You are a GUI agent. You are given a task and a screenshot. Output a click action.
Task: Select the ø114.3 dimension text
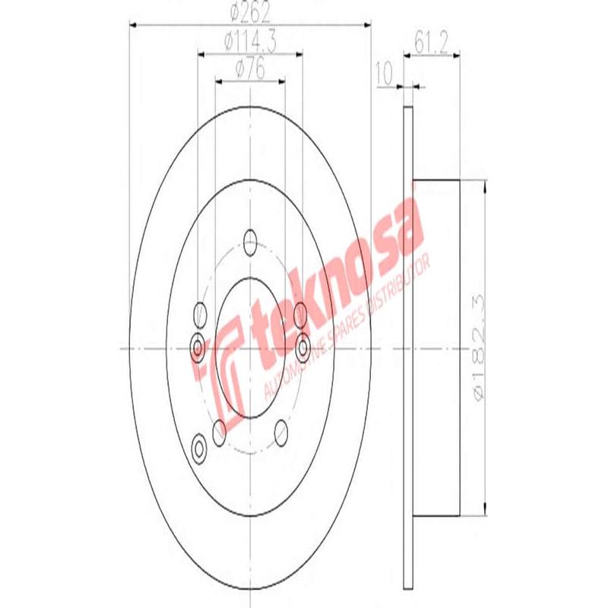point(250,43)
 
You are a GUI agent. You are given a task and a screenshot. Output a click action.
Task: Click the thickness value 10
point(383,74)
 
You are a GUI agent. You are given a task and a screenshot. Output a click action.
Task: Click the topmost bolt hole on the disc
point(250,243)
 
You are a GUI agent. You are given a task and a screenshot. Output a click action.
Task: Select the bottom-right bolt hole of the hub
point(281,431)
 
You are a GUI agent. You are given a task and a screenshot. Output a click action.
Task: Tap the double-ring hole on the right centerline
point(303,347)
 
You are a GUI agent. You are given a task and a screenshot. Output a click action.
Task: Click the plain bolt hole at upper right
point(299,312)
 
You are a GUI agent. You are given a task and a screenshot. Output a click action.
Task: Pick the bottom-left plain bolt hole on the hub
point(220,432)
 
